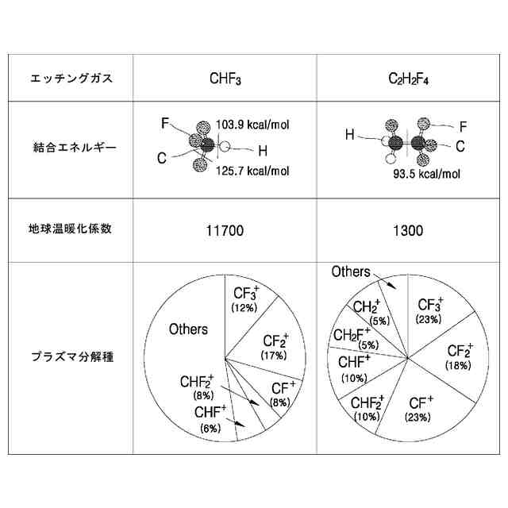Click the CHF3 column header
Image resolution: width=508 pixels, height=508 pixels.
click(225, 79)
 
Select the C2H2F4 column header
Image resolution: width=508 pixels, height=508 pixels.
click(407, 79)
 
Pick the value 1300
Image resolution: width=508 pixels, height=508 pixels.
click(407, 231)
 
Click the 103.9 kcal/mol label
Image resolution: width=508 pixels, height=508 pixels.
click(252, 125)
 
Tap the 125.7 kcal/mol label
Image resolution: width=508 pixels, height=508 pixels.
click(252, 171)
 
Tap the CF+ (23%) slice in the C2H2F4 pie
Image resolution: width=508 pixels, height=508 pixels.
click(420, 408)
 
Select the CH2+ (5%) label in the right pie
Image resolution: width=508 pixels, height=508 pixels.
click(367, 311)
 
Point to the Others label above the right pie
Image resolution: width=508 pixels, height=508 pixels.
click(351, 272)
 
